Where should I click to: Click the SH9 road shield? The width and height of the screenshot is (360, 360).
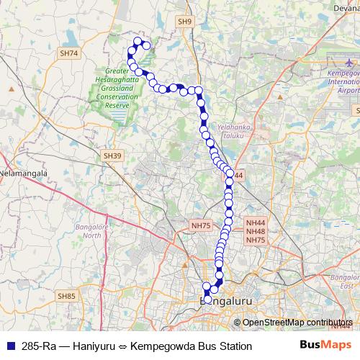(185, 22)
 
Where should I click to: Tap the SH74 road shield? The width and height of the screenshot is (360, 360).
(70, 53)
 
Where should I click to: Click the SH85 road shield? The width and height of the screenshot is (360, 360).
(66, 296)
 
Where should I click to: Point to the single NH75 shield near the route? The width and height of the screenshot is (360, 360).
(201, 225)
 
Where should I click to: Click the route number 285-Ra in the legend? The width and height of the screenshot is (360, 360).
(40, 346)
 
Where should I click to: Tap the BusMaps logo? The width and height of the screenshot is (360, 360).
(324, 345)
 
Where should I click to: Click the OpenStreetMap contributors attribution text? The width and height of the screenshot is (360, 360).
(297, 323)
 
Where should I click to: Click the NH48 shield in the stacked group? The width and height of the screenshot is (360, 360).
(256, 231)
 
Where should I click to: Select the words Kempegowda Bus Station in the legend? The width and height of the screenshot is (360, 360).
(193, 346)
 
